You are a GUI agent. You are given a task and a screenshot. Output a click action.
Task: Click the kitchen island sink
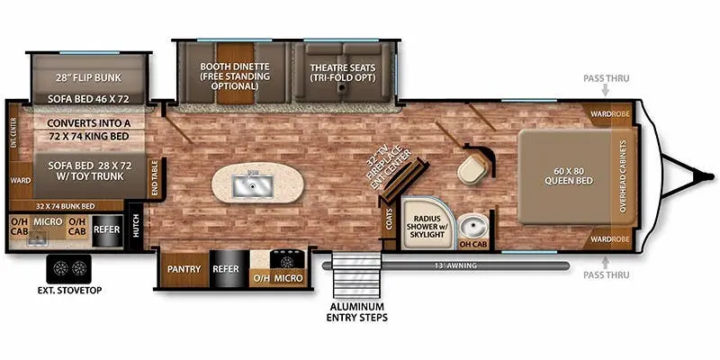(x=253, y=185)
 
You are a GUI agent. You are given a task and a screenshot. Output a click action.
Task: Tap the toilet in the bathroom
(x=472, y=167)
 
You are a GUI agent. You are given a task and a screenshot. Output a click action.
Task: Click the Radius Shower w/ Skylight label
(x=427, y=227)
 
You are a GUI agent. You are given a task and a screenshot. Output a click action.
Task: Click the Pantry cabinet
(x=184, y=269)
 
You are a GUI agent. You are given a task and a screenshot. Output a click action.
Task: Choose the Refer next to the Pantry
(x=226, y=269)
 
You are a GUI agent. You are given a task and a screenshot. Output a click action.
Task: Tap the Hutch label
(x=136, y=227)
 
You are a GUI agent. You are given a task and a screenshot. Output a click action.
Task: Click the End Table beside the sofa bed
(x=155, y=178)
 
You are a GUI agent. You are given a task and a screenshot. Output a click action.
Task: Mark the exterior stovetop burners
(x=69, y=268)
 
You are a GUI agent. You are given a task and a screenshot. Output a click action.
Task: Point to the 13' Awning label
(x=456, y=265)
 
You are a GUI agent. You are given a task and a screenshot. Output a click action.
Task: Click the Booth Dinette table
(x=236, y=73)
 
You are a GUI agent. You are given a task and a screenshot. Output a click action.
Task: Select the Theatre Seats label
(x=343, y=73)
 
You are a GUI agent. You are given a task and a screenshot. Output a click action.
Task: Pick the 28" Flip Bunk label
(x=86, y=77)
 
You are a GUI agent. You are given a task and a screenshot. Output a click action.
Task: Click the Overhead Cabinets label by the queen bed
(x=623, y=175)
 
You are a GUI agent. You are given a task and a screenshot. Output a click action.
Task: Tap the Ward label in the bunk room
(x=20, y=181)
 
